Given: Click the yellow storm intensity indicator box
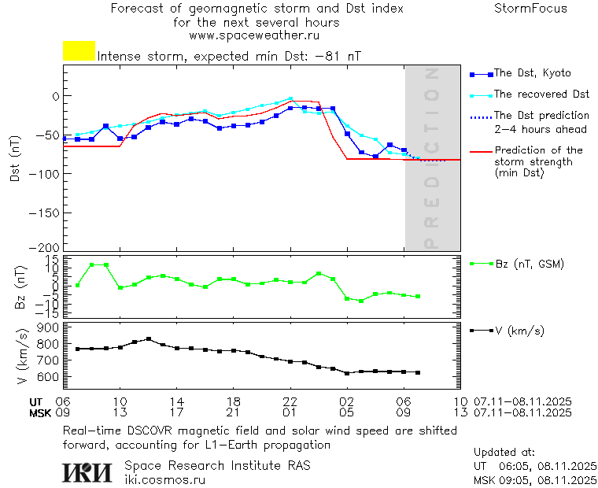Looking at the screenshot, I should [79, 51].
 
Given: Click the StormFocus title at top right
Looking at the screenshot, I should [530, 9].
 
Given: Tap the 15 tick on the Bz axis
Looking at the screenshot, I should [53, 260].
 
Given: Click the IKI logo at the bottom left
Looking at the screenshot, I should [87, 471].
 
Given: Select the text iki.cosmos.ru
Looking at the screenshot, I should [165, 479].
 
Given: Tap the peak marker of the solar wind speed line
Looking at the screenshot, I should [149, 339].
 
